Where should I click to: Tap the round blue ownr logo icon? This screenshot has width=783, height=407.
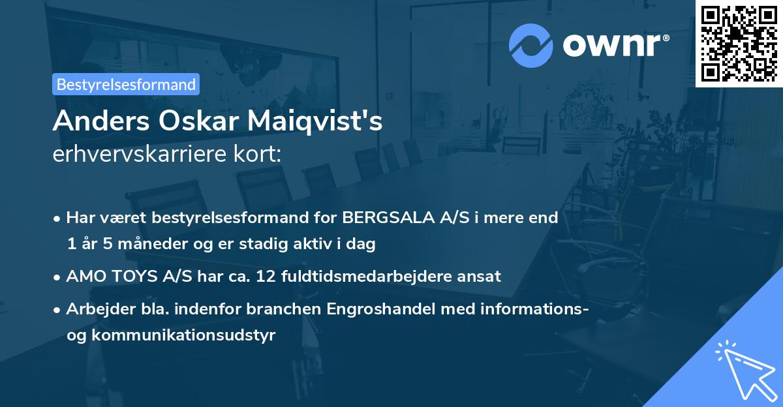coord(531,45)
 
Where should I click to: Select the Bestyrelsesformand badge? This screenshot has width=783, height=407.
coord(126,84)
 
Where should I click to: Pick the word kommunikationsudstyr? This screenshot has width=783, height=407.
coord(184,335)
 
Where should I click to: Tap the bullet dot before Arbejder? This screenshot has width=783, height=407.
coord(58,310)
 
